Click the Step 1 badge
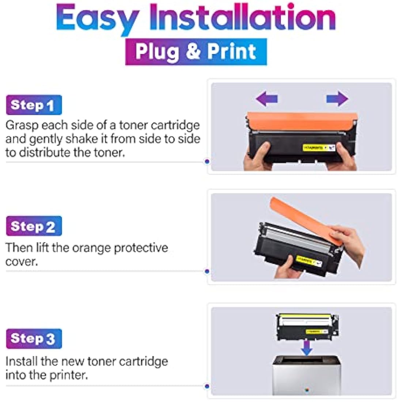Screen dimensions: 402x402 pos(34,105)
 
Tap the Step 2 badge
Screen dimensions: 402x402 pos(34,226)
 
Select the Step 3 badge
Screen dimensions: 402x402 pos(34,338)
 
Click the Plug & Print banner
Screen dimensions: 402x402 pos(196,52)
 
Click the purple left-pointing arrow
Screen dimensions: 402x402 pos(267,99)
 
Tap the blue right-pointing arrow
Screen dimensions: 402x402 pos(337,99)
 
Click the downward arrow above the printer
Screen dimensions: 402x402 pos(307,348)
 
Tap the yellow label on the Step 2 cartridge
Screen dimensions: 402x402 pos(309,261)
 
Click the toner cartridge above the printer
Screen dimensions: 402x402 pos(307,326)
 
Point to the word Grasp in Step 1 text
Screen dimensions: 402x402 pos(22,125)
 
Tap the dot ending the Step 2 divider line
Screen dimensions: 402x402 pos(207,272)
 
